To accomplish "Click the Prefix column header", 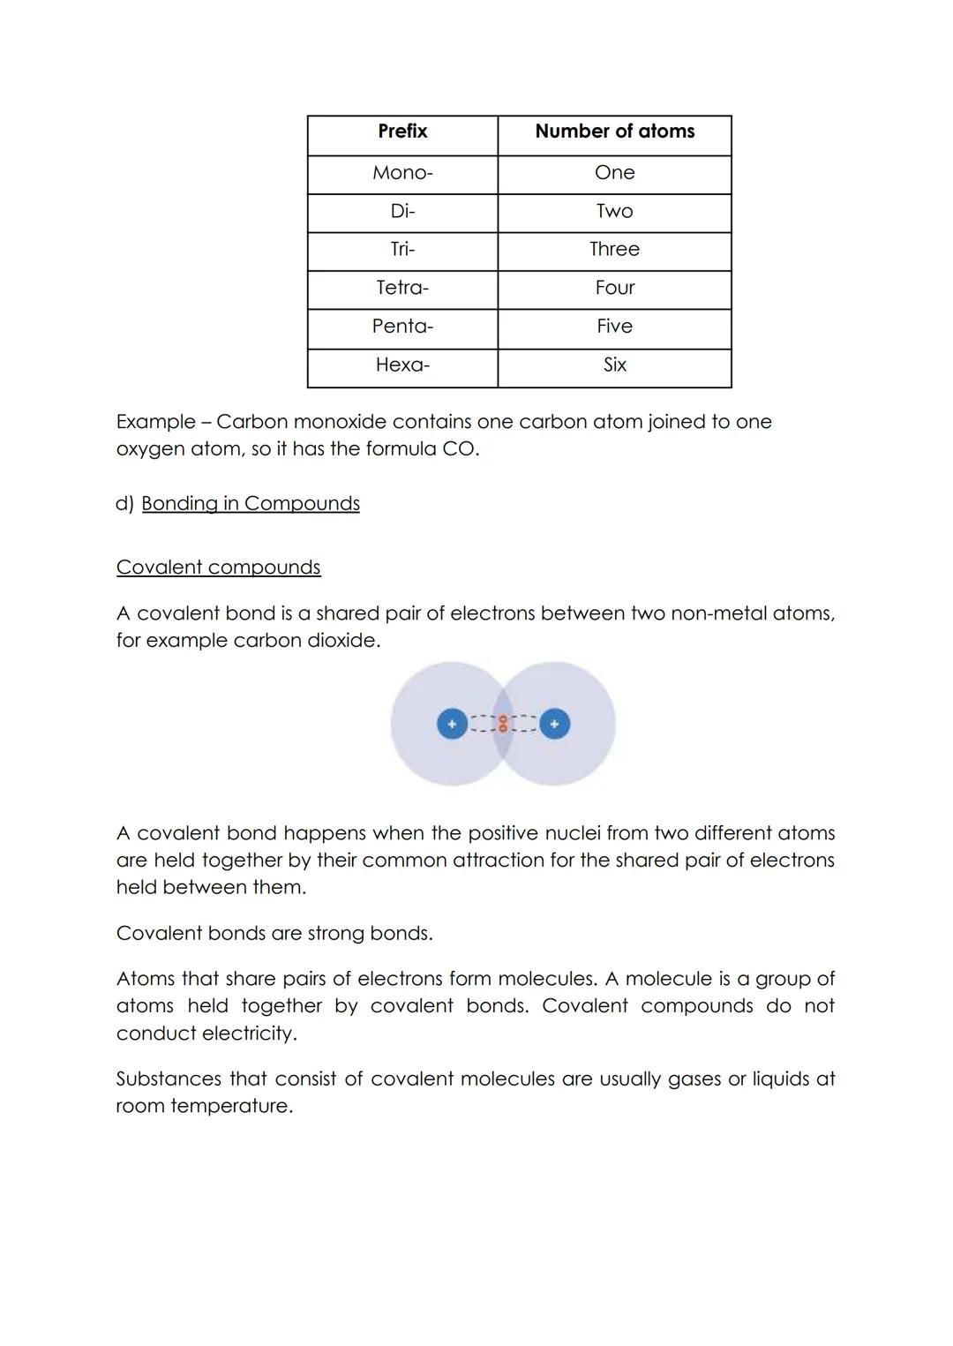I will pyautogui.click(x=402, y=132).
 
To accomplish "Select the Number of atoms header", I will pyautogui.click(x=614, y=132).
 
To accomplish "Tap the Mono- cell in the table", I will pyautogui.click(x=402, y=173).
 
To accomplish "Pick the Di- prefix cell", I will pyautogui.click(x=402, y=211).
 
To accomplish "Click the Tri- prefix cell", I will pyautogui.click(x=402, y=249).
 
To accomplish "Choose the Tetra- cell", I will pyautogui.click(x=402, y=288).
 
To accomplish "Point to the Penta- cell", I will pyautogui.click(x=402, y=327).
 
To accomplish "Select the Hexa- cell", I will pyautogui.click(x=402, y=365).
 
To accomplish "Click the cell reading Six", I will pyautogui.click(x=614, y=365).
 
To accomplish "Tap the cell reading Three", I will pyautogui.click(x=614, y=249).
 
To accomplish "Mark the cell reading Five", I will pyautogui.click(x=614, y=327).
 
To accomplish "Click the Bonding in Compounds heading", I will pyautogui.click(x=251, y=504).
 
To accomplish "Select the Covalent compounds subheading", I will pyautogui.click(x=218, y=568).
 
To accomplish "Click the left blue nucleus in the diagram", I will pyautogui.click(x=452, y=725).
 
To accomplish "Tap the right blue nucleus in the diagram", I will pyautogui.click(x=554, y=725).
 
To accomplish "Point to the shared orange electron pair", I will pyautogui.click(x=502, y=725).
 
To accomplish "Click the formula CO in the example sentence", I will pyautogui.click(x=458, y=449).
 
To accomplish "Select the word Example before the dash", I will pyautogui.click(x=155, y=423).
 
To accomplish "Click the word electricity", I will pyautogui.click(x=250, y=1034).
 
